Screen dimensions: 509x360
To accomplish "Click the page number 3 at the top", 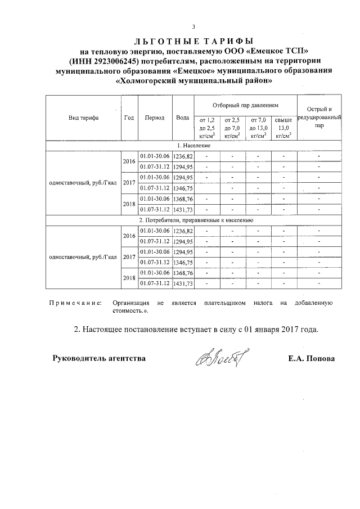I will tap(193, 26).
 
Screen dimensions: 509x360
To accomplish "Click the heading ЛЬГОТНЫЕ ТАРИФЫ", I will tap(193, 41).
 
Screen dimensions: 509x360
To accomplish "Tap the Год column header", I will tap(129, 118).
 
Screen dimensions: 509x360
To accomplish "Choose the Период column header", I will tap(155, 118).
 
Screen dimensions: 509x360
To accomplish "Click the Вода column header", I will tap(182, 118).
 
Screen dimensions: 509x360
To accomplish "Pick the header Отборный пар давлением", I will tap(245, 105).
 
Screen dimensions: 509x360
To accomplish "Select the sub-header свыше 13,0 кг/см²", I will tap(283, 128).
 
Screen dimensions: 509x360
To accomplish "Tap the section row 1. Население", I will tap(193, 145).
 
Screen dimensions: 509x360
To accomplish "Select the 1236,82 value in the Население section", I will tap(183, 156).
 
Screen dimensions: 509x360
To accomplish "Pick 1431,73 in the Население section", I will tap(183, 210).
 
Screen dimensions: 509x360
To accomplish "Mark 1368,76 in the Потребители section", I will tap(183, 273).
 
